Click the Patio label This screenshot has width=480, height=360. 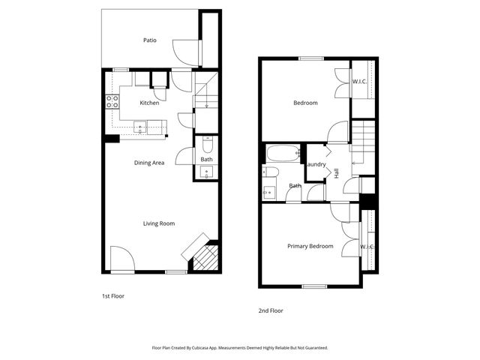click(x=150, y=40)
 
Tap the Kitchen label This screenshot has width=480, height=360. click(x=149, y=103)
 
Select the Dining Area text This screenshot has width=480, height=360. click(x=149, y=163)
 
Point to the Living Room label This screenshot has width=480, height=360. click(x=159, y=223)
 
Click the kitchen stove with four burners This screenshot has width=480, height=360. click(x=112, y=102)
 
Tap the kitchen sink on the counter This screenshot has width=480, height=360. click(x=140, y=128)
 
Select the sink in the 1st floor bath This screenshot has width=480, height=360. click(x=207, y=172)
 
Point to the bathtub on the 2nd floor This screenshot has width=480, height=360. click(x=282, y=153)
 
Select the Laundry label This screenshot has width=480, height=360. click(x=316, y=165)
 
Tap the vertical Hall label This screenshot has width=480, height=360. click(x=337, y=172)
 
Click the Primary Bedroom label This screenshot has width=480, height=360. click(x=310, y=246)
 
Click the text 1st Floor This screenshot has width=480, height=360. click(x=113, y=296)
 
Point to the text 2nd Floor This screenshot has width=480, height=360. click(x=271, y=310)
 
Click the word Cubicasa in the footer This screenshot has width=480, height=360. click(x=199, y=348)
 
